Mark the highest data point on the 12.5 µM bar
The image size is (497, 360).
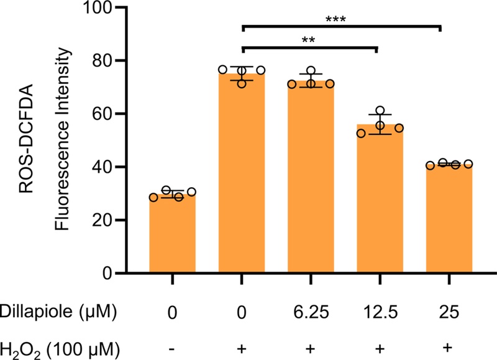(x=380, y=110)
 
